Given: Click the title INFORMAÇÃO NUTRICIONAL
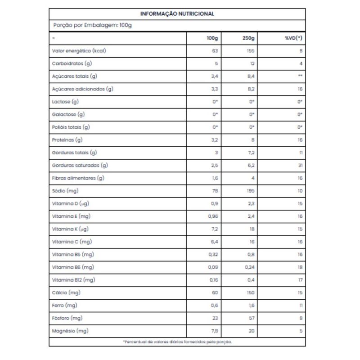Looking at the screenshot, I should pyautogui.click(x=177, y=14).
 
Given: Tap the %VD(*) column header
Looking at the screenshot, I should pyautogui.click(x=293, y=38).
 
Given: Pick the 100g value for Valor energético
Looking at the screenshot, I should pyautogui.click(x=215, y=51).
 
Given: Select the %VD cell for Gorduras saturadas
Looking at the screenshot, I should pyautogui.click(x=300, y=165).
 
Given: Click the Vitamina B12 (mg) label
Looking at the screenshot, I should pyautogui.click(x=74, y=280).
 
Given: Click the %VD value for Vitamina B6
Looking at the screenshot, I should pyautogui.click(x=300, y=267).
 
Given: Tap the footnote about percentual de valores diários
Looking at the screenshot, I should pyautogui.click(x=177, y=342).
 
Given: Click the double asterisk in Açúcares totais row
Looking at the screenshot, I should pyautogui.click(x=300, y=76).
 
